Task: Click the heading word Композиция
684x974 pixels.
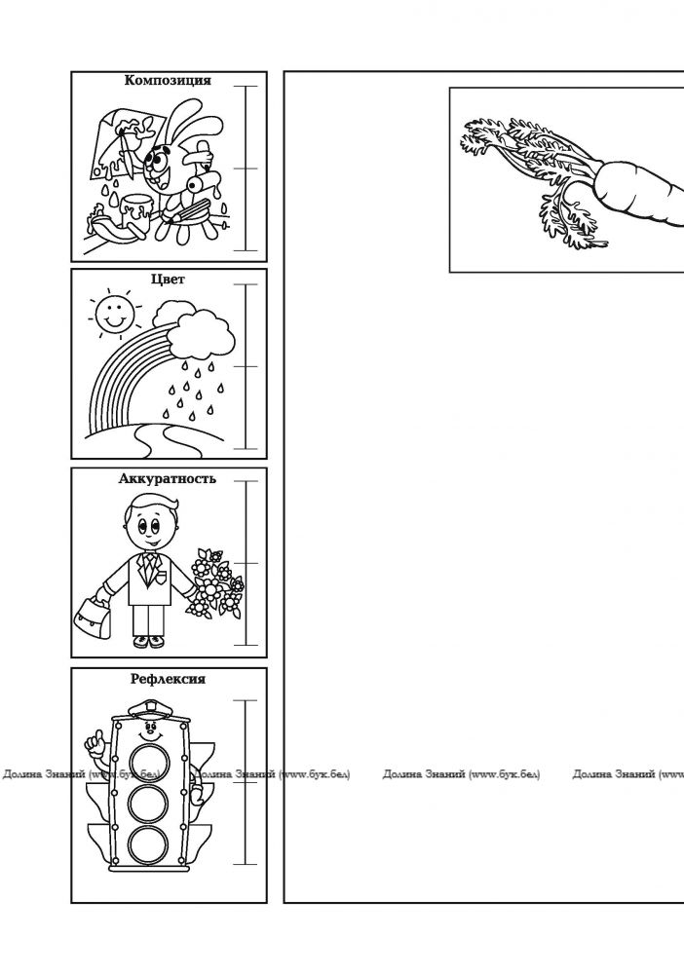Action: point(168,80)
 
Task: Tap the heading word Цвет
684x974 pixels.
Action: point(168,279)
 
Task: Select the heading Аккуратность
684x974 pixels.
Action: point(168,478)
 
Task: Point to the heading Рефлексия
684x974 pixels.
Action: point(168,678)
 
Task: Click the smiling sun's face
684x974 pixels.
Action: point(114,315)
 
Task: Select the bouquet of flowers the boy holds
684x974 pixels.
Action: point(215,582)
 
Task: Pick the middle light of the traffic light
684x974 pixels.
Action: point(148,804)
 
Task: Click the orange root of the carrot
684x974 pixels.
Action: point(640,193)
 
